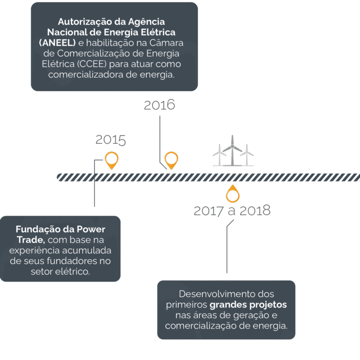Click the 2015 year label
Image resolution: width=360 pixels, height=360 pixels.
[111, 140]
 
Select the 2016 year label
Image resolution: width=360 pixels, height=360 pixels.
[159, 105]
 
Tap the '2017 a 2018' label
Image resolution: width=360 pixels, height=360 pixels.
[232, 211]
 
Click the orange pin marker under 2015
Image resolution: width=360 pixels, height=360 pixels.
[112, 160]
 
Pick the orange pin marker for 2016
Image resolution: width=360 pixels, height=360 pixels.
[171, 160]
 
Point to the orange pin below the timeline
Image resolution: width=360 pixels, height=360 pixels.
[232, 194]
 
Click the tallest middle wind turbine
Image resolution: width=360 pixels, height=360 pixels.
[232, 150]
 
